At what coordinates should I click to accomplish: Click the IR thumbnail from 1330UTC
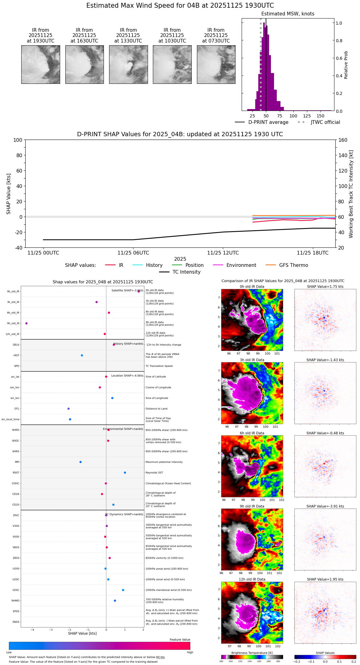pyautogui.click(x=128, y=64)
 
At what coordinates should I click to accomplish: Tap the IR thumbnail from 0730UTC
pyautogui.click(x=216, y=64)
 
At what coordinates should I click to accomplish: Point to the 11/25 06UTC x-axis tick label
pyautogui.click(x=133, y=253)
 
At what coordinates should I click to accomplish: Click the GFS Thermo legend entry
pyautogui.click(x=293, y=265)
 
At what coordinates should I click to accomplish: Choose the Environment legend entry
pyautogui.click(x=241, y=265)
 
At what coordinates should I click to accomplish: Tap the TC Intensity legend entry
pyautogui.click(x=186, y=272)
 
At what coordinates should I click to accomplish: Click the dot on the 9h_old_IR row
pyautogui.click(x=27, y=323)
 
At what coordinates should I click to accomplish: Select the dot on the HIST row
pyautogui.click(x=82, y=355)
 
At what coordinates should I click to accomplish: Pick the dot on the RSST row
pyautogui.click(x=125, y=473)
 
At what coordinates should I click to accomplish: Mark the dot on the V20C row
pyautogui.click(x=123, y=590)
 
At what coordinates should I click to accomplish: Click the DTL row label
pyautogui.click(x=17, y=409)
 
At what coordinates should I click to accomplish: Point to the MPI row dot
pyautogui.click(x=80, y=462)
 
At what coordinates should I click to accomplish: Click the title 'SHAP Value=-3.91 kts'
pyautogui.click(x=325, y=506)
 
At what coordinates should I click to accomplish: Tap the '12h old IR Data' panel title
pyautogui.click(x=252, y=579)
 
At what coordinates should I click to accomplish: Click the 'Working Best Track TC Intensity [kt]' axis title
pyautogui.click(x=351, y=194)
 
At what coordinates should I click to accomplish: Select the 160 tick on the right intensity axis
pyautogui.click(x=343, y=140)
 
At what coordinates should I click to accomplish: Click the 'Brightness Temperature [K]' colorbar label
pyautogui.click(x=252, y=653)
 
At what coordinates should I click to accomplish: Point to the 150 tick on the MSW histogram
pyautogui.click(x=321, y=116)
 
